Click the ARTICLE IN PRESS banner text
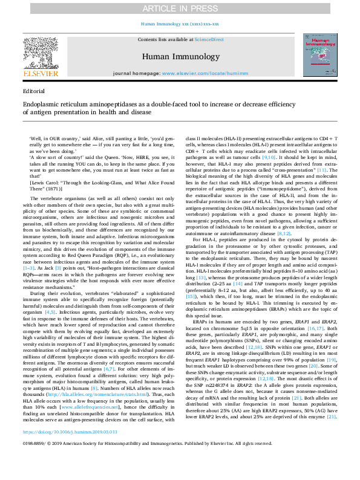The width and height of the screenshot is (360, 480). (180, 8)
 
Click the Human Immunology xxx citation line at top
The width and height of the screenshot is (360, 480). (179, 24)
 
